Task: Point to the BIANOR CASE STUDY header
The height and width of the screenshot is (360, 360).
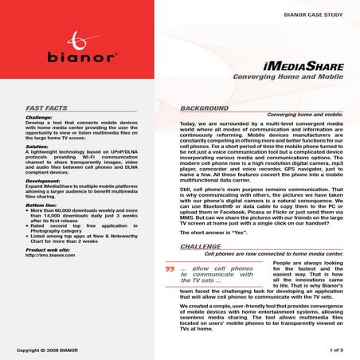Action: (x=312, y=15)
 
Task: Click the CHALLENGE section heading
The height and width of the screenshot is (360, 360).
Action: (x=200, y=247)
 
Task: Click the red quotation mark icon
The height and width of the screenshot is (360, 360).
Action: (x=170, y=269)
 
